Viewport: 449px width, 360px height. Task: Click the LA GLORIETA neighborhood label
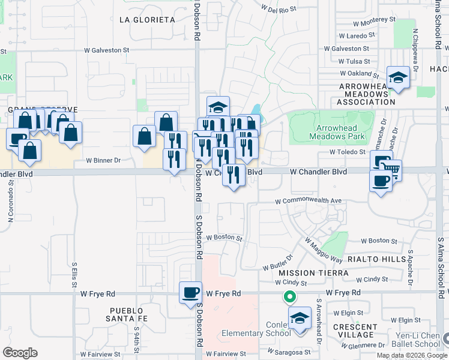click(147, 20)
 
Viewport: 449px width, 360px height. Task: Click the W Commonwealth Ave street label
click(309, 201)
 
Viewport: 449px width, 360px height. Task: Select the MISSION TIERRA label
click(313, 273)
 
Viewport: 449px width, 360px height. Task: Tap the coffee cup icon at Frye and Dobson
click(190, 292)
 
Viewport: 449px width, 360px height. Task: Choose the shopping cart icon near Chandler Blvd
click(391, 169)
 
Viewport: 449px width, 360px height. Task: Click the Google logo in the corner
click(20, 353)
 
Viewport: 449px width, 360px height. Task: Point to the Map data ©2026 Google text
click(411, 355)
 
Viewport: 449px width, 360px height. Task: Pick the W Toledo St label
click(348, 152)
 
